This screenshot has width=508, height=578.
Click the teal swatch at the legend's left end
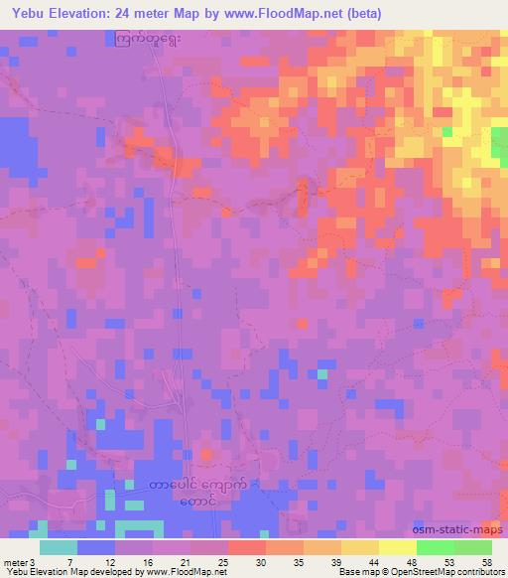coord(59,547)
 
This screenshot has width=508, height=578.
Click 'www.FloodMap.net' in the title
coord(274,13)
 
